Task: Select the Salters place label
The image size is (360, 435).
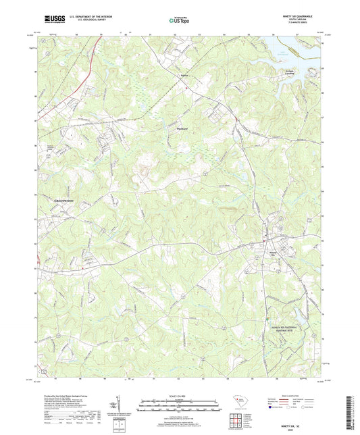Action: (174, 76)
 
